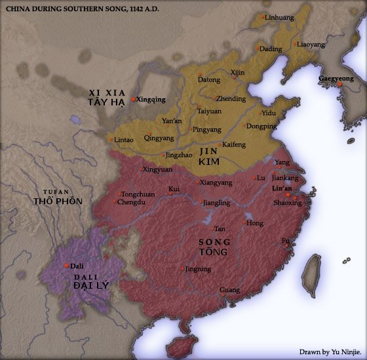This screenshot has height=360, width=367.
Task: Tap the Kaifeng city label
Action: click(233, 144)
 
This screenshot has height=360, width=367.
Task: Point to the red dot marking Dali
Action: click(67, 265)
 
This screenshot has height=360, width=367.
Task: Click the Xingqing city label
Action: click(151, 99)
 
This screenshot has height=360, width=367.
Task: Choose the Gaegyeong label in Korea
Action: click(335, 79)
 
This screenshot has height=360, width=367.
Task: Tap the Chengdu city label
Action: click(132, 202)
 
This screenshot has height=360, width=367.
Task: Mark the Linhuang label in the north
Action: click(279, 18)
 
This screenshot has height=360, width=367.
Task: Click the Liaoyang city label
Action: click(310, 45)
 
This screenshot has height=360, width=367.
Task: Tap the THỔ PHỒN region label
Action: click(58, 201)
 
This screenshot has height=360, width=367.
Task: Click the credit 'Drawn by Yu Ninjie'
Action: click(330, 351)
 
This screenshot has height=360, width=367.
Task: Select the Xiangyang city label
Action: click(216, 183)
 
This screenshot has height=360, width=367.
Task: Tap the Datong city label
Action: click(209, 80)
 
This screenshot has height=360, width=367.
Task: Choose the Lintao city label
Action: click(123, 140)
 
